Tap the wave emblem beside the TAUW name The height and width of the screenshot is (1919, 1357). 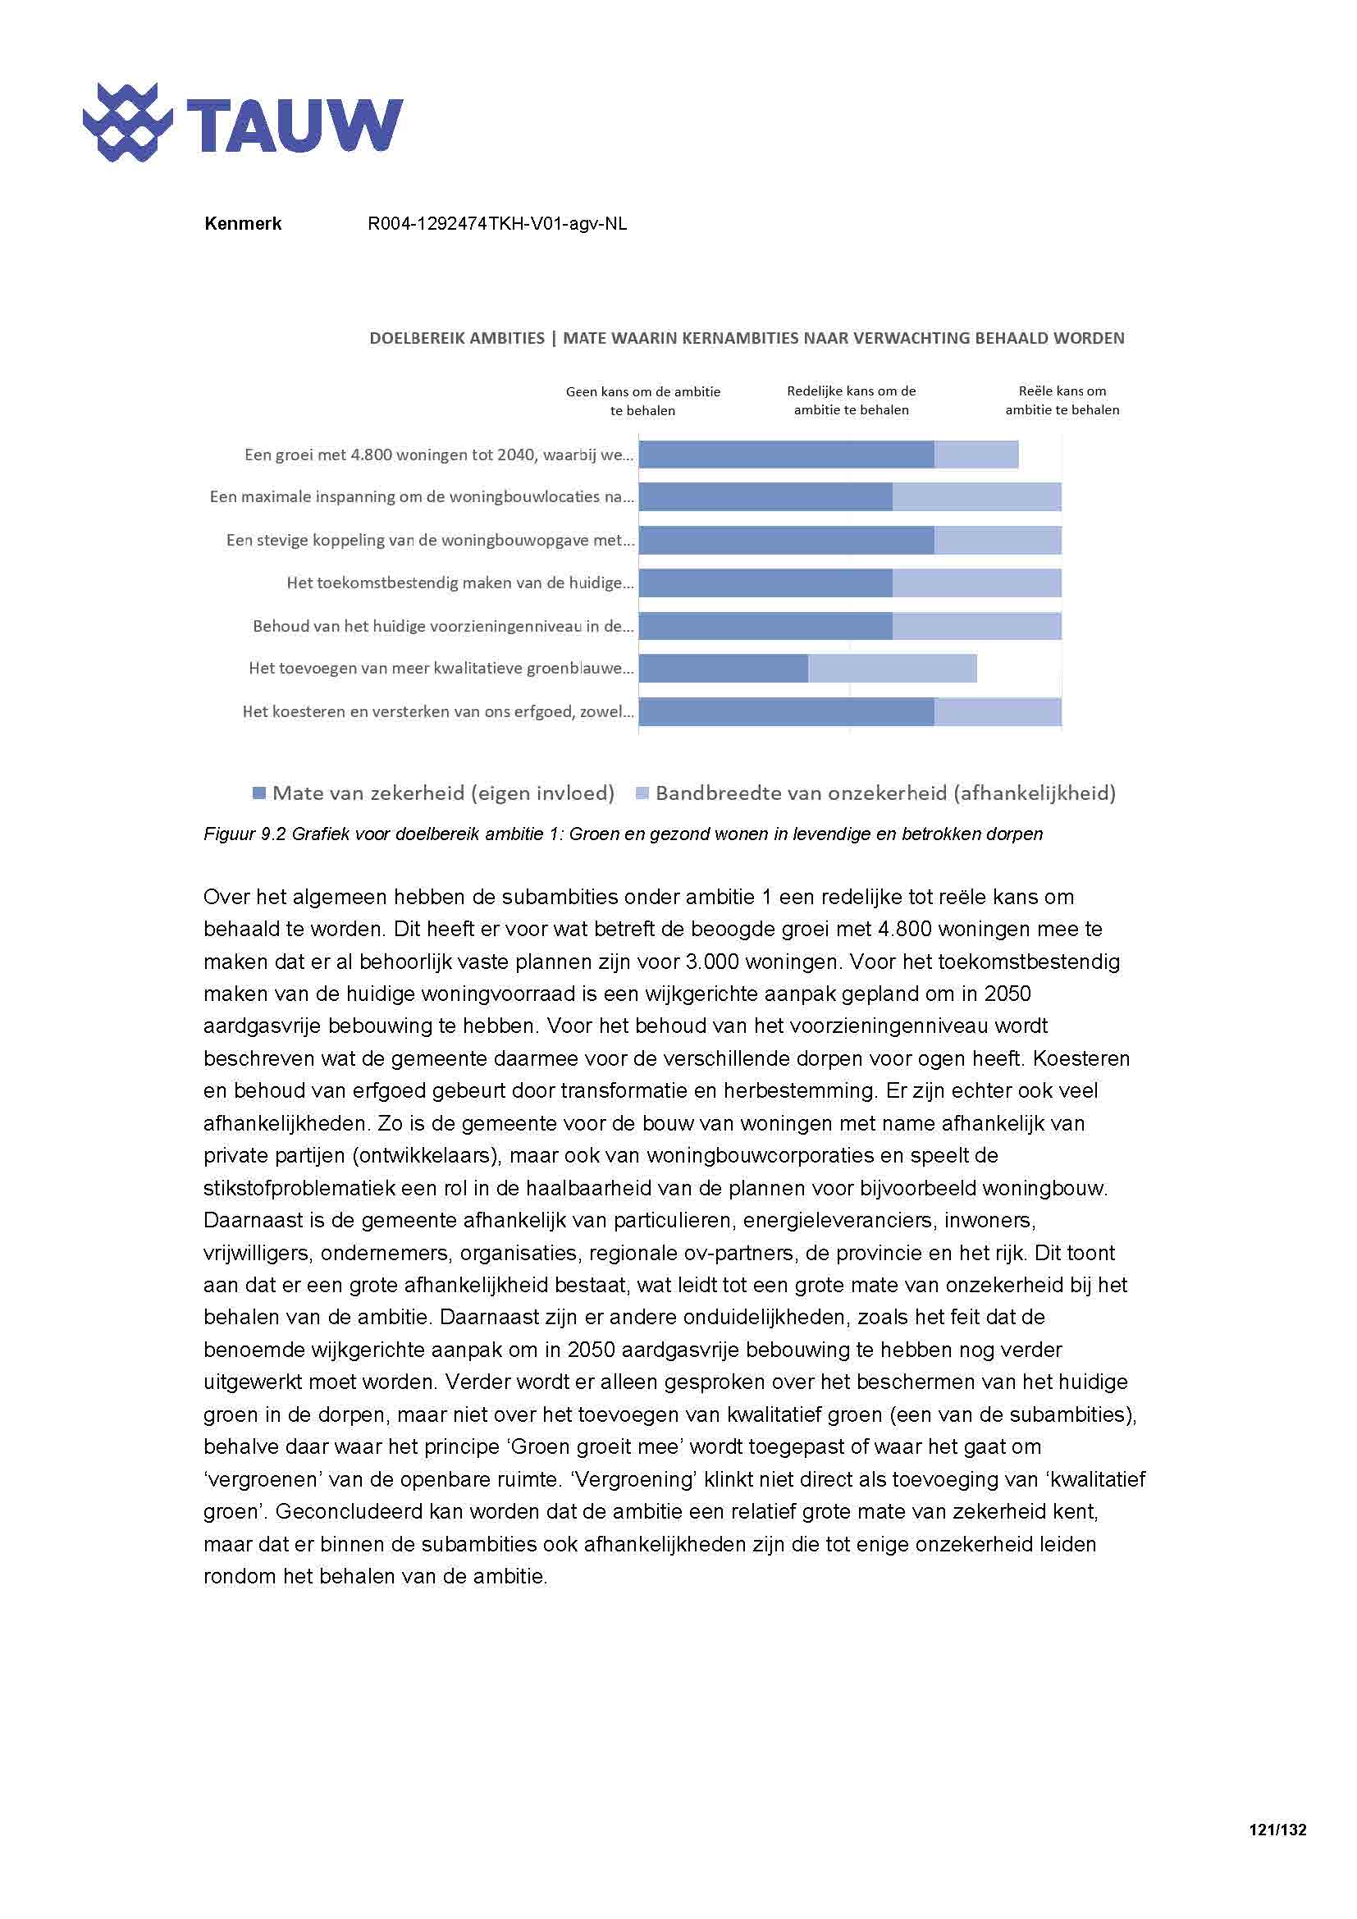click(x=127, y=123)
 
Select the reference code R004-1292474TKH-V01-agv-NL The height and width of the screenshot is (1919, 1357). click(x=497, y=224)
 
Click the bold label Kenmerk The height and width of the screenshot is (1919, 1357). click(x=242, y=224)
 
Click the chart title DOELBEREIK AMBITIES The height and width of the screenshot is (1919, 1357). click(x=457, y=339)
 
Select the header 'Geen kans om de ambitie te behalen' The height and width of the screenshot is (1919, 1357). click(x=642, y=400)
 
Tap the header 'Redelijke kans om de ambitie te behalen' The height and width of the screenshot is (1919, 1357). click(x=851, y=400)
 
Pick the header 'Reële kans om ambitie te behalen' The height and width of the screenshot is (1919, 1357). click(x=1061, y=400)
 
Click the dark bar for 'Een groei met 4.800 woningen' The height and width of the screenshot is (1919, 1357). click(x=785, y=455)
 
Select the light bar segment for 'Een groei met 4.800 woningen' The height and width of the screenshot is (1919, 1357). click(x=976, y=455)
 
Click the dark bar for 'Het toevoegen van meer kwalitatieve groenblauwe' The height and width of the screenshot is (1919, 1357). click(x=723, y=669)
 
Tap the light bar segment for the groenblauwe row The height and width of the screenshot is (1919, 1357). click(x=892, y=669)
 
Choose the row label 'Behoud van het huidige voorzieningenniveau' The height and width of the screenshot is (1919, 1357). click(x=443, y=626)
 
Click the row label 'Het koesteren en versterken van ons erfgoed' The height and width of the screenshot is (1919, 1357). click(x=437, y=712)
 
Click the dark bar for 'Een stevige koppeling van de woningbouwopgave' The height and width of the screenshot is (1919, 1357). click(x=785, y=541)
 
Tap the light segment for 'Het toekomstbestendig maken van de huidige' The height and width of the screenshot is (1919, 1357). click(x=976, y=583)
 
